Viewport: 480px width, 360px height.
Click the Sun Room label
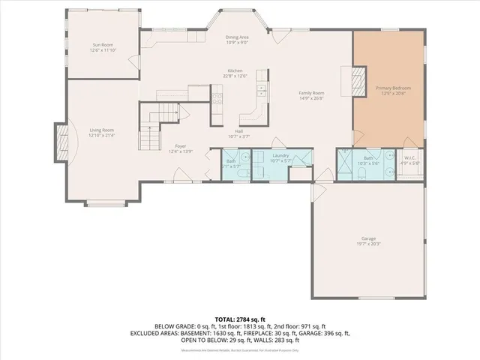(103, 45)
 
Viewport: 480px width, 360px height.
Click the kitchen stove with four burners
(218, 94)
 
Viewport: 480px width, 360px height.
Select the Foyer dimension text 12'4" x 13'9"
(180, 151)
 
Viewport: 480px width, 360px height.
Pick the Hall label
(238, 131)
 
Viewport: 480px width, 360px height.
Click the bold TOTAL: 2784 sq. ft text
(240, 319)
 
